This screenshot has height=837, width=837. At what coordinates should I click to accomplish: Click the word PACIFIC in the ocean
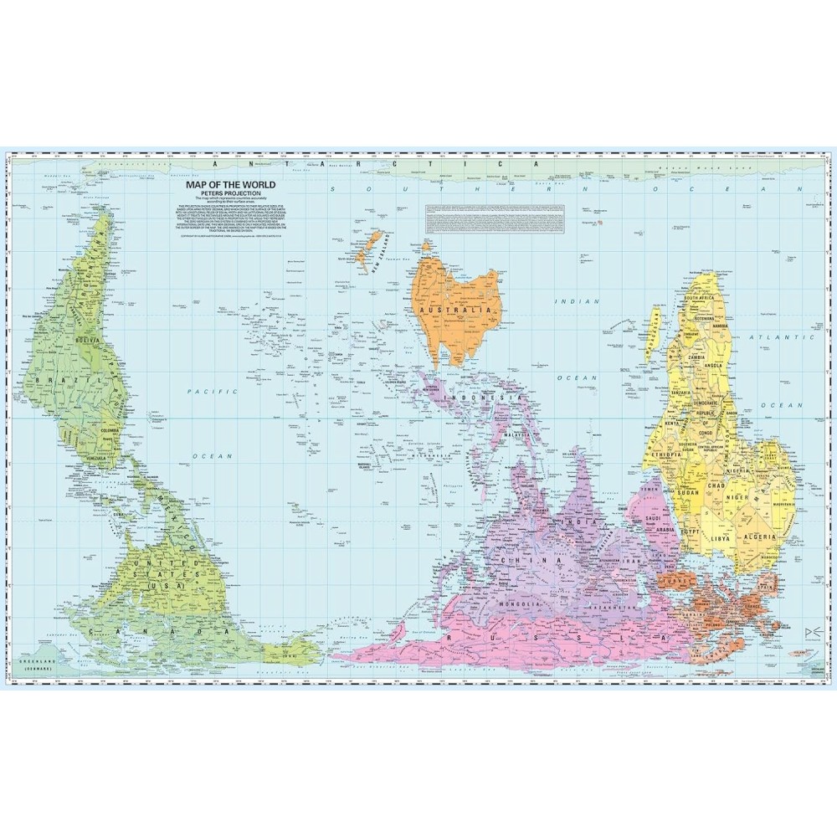coord(202,391)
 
